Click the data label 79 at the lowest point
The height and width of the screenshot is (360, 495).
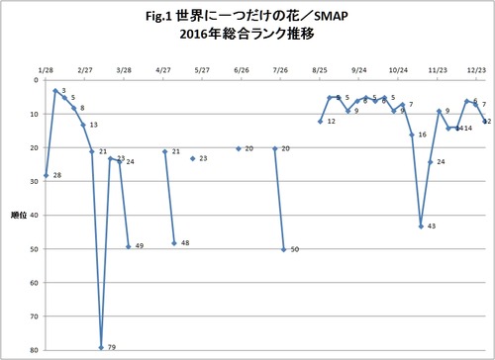point(112,348)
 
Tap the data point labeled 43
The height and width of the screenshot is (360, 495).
point(421,226)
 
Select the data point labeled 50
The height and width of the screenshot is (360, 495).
point(284,249)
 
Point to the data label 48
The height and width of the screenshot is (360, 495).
point(185,243)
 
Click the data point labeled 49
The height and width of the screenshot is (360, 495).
point(129,246)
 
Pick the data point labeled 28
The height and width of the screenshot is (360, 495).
point(47,175)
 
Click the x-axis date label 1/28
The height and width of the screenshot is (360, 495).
point(46,70)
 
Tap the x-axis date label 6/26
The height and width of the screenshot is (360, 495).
point(242,70)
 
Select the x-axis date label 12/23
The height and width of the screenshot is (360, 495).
point(475,70)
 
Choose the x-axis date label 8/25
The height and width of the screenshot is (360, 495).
point(320,70)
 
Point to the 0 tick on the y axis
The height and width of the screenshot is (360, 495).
point(37,81)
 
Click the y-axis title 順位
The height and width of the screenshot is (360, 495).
point(17,214)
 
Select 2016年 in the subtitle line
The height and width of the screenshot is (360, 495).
point(199,38)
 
